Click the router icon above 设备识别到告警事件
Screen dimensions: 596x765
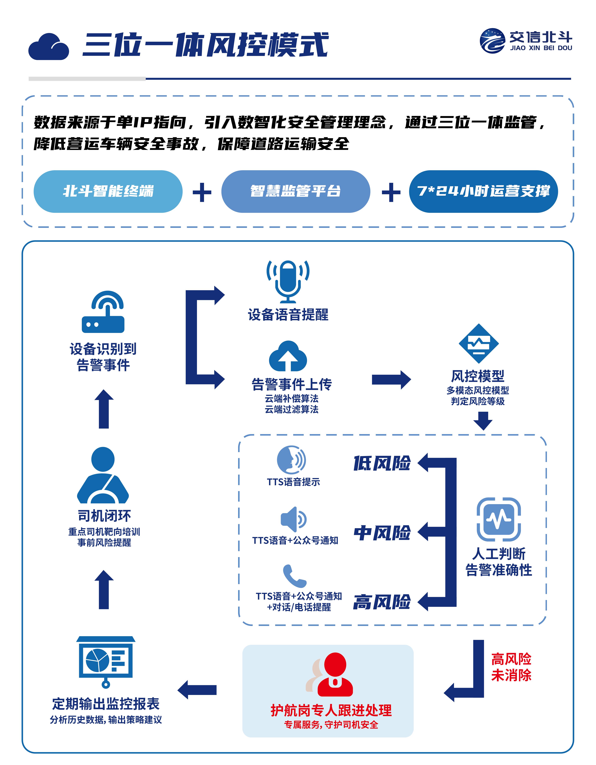103,312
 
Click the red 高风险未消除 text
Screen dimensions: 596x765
511,667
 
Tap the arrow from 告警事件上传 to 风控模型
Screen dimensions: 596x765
391,380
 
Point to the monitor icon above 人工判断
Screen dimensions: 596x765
499,519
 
